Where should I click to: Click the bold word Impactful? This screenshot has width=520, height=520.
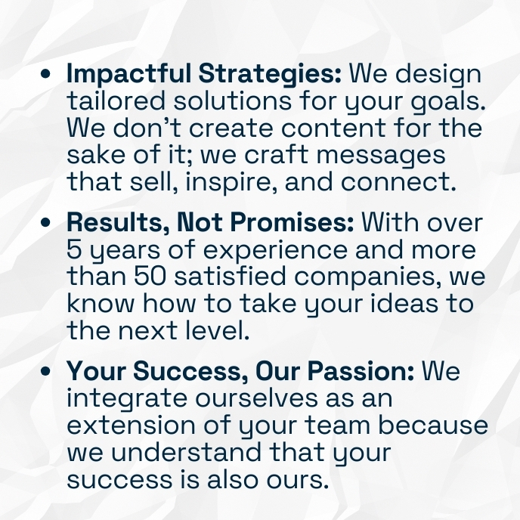coord(129,74)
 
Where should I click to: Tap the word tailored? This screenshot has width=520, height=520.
coord(116,101)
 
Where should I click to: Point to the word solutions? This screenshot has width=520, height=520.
coord(233,101)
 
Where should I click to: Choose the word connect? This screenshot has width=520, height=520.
coord(398,182)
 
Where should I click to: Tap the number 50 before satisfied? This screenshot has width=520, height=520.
coord(150,277)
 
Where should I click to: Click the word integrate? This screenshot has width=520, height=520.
coord(127,399)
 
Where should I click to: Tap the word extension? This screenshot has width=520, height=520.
coord(131,425)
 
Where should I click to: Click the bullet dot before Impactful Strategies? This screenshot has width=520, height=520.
coord(45,73)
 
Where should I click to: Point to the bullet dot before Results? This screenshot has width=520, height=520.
coord(45,222)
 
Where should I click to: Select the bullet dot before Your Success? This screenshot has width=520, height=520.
coord(45,371)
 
